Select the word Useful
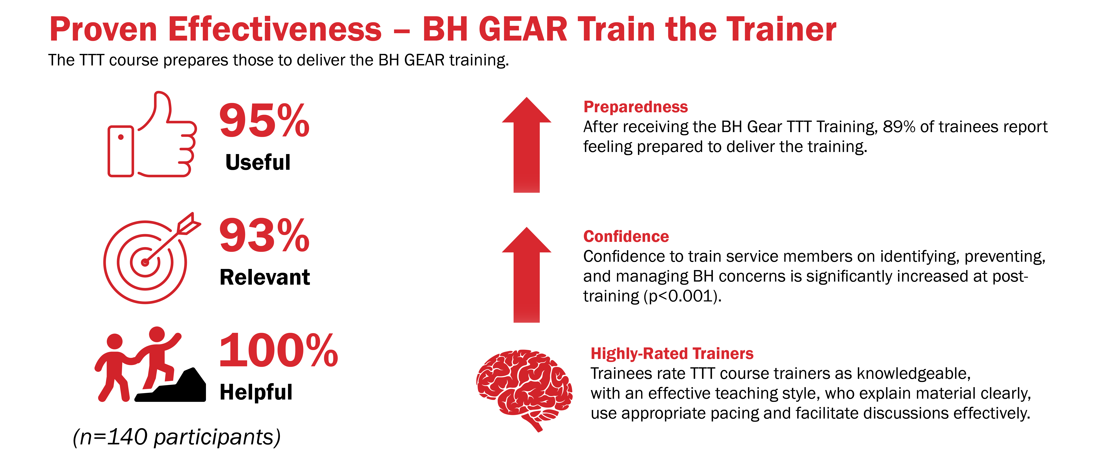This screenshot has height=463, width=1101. point(258,162)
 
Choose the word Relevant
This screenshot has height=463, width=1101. point(265,277)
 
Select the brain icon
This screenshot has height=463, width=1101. point(524,389)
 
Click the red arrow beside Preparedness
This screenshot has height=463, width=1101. point(527,145)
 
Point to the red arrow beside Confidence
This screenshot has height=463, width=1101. point(527,275)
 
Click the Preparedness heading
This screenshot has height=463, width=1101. point(636,107)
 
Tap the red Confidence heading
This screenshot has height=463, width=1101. point(626,236)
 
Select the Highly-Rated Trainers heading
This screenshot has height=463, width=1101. point(672,354)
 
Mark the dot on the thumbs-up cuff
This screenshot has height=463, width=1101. point(121,137)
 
